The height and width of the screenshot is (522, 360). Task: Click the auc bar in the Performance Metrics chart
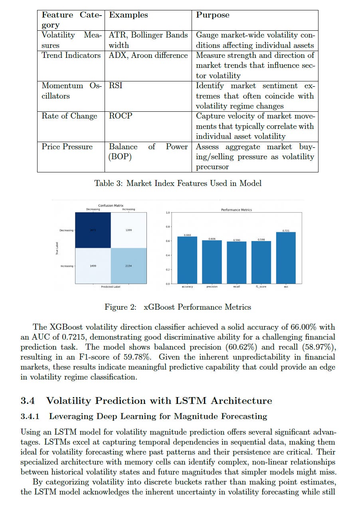tap(286, 258)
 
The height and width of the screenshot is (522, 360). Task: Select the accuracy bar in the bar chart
tap(187, 260)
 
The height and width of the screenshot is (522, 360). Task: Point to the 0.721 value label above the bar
tap(286, 231)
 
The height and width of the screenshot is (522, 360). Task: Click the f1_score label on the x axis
tap(261, 287)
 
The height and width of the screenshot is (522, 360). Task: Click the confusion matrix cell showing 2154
tap(129, 266)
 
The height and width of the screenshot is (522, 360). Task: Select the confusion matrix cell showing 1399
tap(129, 230)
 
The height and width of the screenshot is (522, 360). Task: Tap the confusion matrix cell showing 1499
tap(93, 266)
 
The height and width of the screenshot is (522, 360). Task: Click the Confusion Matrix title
tap(111, 206)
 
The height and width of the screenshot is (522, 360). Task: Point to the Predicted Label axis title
tap(111, 287)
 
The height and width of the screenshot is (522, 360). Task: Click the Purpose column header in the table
tap(213, 15)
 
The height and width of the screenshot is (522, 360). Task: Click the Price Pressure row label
tap(67, 147)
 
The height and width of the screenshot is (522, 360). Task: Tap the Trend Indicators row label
tap(71, 55)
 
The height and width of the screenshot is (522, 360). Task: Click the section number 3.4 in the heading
tap(29, 401)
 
